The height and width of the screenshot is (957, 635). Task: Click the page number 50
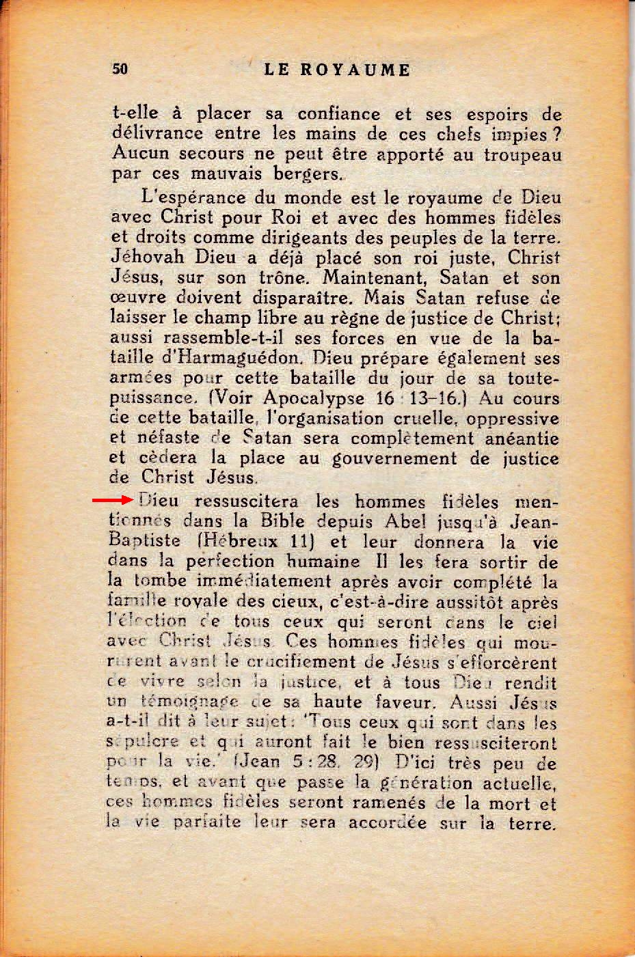click(120, 69)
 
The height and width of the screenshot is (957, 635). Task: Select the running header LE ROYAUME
click(336, 70)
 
